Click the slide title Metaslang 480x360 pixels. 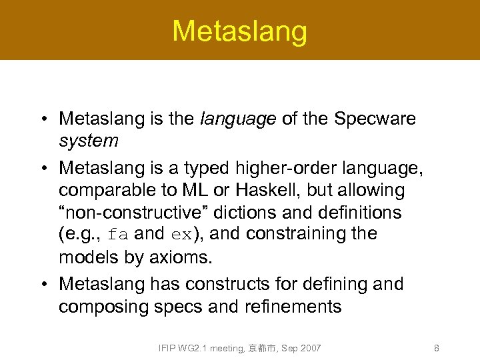click(x=240, y=31)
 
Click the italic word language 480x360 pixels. click(x=238, y=119)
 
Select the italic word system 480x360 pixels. click(x=89, y=141)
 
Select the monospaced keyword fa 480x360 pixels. click(x=117, y=235)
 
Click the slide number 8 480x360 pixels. click(x=436, y=348)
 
